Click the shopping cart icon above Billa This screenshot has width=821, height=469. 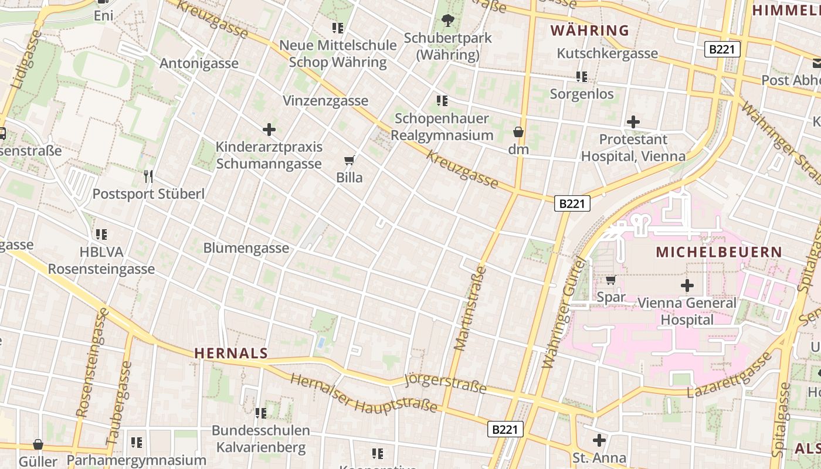tap(350, 159)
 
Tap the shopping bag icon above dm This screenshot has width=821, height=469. tap(518, 131)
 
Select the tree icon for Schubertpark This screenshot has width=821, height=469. tap(447, 21)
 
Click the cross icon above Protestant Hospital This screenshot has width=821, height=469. tap(633, 122)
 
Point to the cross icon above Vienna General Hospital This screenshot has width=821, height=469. tap(687, 286)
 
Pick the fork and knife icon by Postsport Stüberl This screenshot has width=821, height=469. tap(148, 175)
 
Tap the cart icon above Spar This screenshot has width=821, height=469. tap(610, 280)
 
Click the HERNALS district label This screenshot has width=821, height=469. tap(230, 353)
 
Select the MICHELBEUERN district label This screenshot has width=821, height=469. tap(718, 252)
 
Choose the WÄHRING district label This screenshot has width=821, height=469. tap(589, 30)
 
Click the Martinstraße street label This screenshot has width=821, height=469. tap(470, 308)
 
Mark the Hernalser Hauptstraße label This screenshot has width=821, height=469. tap(364, 393)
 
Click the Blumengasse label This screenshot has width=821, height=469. tap(246, 248)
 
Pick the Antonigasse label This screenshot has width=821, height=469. tap(199, 63)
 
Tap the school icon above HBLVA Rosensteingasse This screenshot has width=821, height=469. tap(101, 234)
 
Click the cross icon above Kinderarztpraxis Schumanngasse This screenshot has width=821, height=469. tap(269, 129)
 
